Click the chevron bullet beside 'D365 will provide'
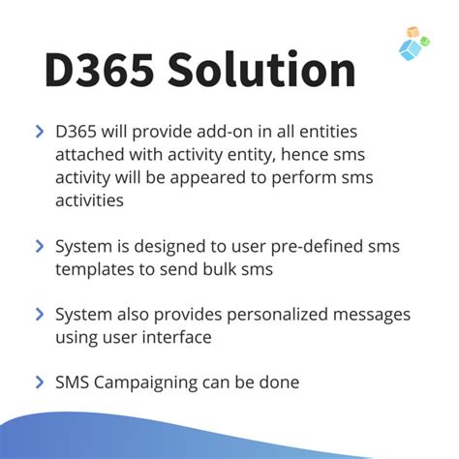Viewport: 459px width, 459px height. click(39, 131)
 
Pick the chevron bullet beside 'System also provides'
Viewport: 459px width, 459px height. click(39, 314)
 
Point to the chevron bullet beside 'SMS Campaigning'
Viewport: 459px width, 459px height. click(39, 383)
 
